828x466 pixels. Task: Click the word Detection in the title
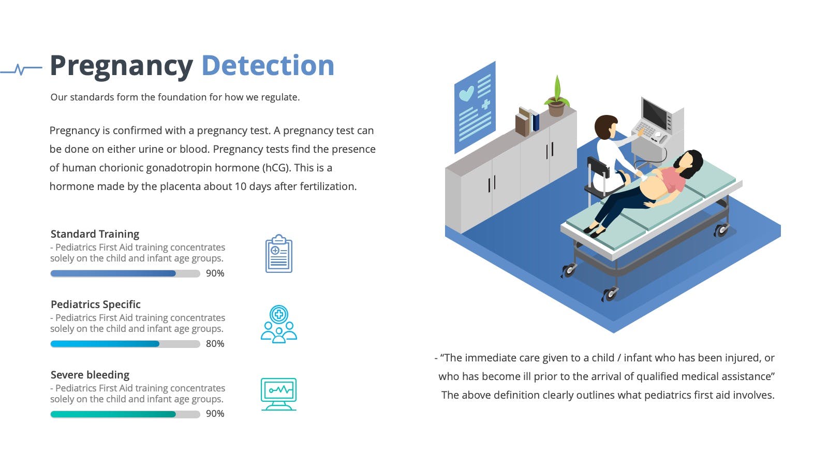[268, 65]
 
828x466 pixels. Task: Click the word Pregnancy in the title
[121, 67]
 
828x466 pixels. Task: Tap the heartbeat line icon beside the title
[21, 69]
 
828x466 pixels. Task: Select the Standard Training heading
[95, 234]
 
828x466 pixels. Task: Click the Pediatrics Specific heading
[95, 304]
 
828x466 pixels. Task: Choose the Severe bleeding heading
[90, 375]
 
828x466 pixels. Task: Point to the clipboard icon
[279, 254]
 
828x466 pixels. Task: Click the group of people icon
[279, 324]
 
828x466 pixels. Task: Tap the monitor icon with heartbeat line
[279, 394]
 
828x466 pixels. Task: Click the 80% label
[215, 344]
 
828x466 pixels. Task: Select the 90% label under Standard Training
[215, 273]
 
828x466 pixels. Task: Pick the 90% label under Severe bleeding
[215, 414]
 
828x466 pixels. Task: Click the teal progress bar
[113, 414]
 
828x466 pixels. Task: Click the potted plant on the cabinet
[557, 97]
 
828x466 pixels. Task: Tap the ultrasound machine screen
[655, 113]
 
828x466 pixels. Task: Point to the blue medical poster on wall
[475, 107]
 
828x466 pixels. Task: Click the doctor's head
[605, 127]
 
